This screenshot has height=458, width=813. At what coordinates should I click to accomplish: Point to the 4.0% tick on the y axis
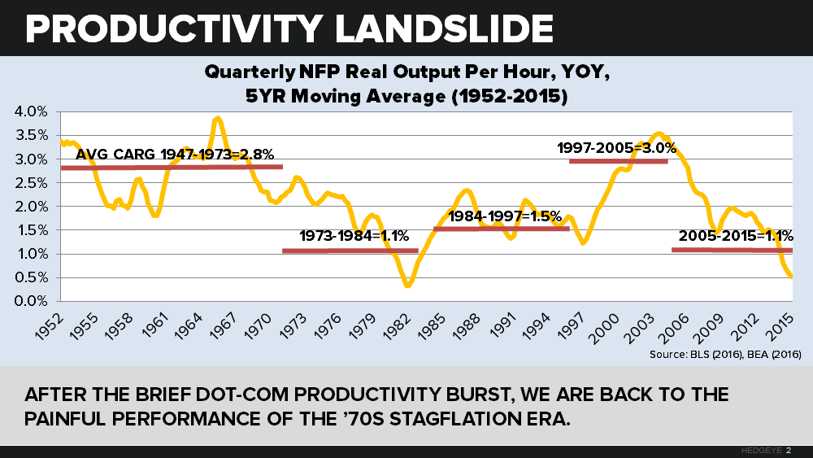[x=32, y=111]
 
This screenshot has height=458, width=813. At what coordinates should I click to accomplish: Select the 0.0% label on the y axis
[x=32, y=301]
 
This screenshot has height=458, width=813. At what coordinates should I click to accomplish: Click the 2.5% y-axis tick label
[x=32, y=183]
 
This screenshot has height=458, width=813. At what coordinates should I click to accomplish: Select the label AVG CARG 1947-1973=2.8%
[x=175, y=154]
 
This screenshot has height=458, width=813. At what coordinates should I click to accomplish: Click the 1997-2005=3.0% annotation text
[x=616, y=148]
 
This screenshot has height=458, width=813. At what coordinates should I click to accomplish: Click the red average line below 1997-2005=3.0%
[x=618, y=161]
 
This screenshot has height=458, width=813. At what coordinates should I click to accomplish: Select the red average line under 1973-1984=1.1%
[x=350, y=251]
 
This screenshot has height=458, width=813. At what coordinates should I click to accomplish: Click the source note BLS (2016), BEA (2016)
[x=726, y=355]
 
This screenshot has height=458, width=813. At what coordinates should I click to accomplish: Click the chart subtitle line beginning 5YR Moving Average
[x=406, y=94]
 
